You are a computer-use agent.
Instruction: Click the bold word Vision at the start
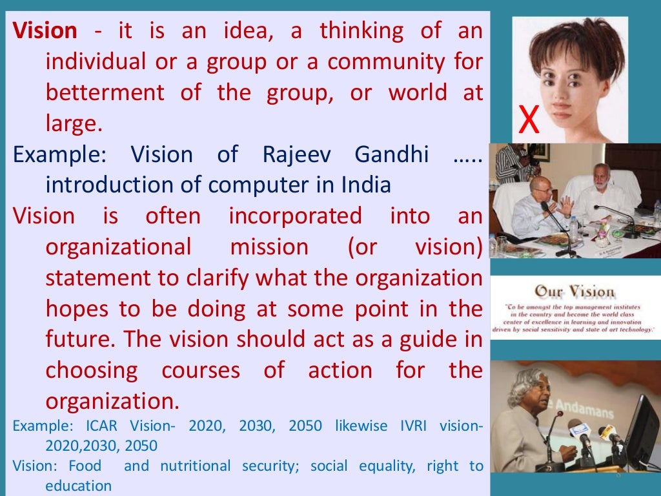[x=45, y=30]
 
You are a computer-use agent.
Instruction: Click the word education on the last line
[x=78, y=486]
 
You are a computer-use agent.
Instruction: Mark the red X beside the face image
[x=529, y=121]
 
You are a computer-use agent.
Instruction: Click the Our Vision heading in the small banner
[x=575, y=291]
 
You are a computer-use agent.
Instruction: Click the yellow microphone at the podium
[x=607, y=433]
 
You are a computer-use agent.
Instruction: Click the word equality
[x=385, y=466]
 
